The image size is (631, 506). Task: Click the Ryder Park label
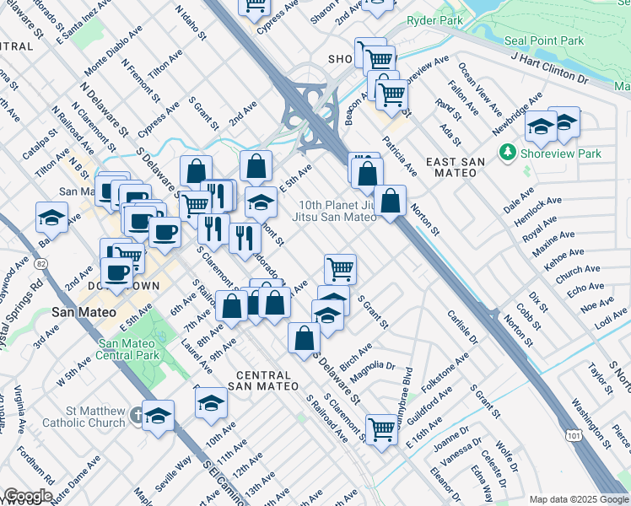point(435,19)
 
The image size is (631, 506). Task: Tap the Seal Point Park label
point(543,40)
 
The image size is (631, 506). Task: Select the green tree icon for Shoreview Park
point(507,153)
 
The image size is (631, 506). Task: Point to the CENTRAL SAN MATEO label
point(267,380)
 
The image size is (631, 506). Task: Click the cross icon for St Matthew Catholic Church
point(139,414)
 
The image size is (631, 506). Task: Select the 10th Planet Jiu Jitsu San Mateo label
point(334,211)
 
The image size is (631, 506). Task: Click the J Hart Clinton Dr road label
point(549,68)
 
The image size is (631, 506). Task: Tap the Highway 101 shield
point(574,436)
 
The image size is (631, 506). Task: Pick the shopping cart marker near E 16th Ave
point(381,429)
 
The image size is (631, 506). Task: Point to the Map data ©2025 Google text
point(579,499)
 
